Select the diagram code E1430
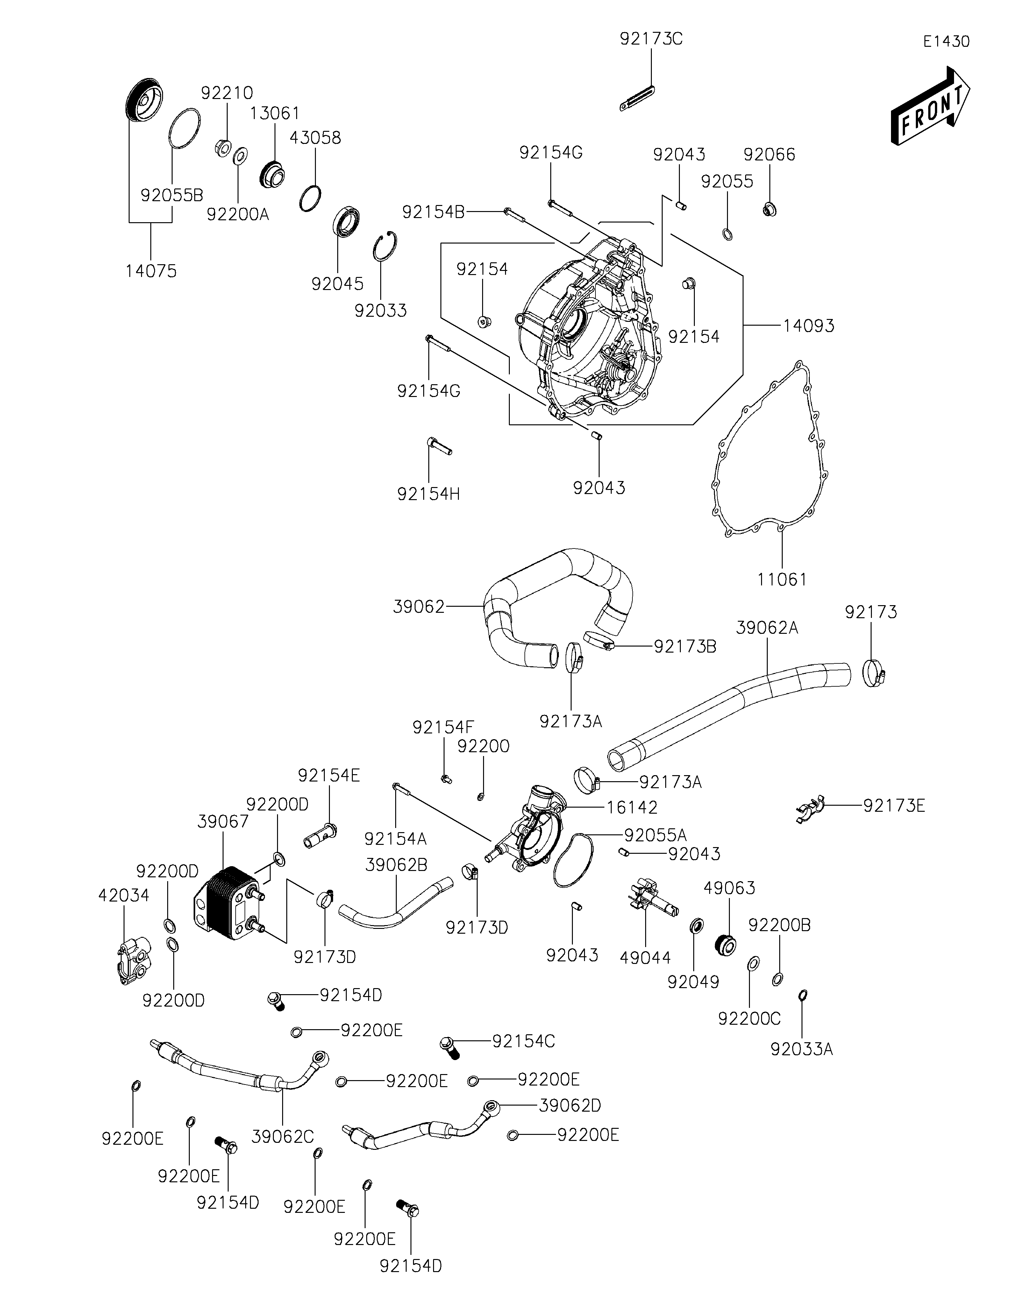coord(947,42)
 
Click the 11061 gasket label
coord(782,580)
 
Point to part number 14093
coord(809,326)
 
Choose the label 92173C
coord(652,39)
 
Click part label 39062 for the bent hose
coord(419,607)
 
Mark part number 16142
coord(632,807)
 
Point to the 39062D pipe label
coord(570,1106)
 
